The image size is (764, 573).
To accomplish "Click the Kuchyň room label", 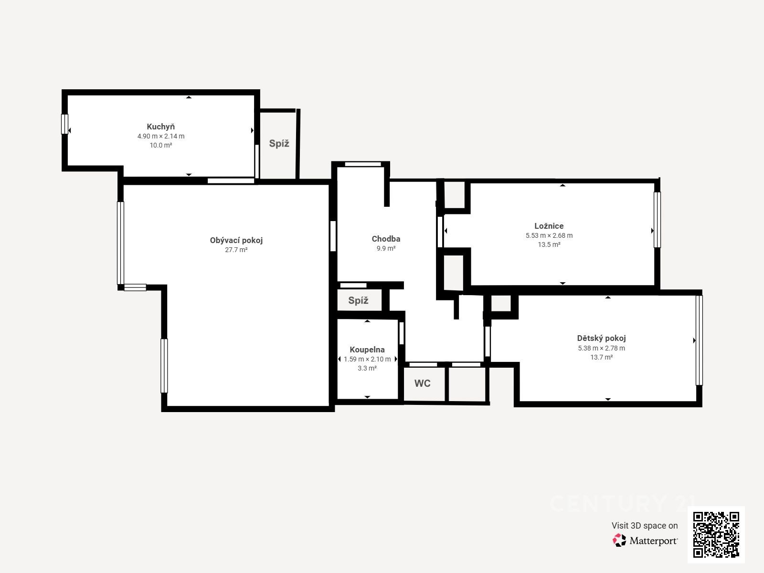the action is click(x=160, y=127).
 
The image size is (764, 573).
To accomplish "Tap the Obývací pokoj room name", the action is click(x=236, y=240).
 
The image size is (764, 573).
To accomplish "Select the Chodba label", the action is click(x=386, y=239).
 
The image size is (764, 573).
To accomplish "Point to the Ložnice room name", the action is click(x=549, y=226).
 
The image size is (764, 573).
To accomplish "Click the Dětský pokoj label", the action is click(x=601, y=338).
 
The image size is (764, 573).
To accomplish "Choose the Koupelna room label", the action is click(x=367, y=350).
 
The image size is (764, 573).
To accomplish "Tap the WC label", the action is click(x=423, y=383).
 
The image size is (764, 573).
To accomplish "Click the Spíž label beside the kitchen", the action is click(x=279, y=143).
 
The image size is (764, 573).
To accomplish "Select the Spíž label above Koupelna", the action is click(x=358, y=300).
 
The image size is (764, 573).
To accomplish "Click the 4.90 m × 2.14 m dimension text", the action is click(x=161, y=137).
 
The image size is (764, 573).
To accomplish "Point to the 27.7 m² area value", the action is click(x=236, y=250).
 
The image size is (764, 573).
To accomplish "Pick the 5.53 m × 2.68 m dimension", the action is click(x=549, y=235).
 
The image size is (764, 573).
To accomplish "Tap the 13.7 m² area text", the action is click(x=602, y=357).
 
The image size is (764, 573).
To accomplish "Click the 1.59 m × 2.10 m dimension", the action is click(x=367, y=359).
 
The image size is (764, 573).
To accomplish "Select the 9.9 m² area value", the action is click(x=386, y=248).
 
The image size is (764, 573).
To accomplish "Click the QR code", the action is click(x=716, y=535).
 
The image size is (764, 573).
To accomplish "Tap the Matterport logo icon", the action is click(x=619, y=541).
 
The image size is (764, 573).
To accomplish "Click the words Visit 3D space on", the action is click(x=645, y=526).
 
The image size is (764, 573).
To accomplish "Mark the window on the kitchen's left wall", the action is click(x=65, y=124).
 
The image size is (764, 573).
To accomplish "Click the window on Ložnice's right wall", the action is click(x=657, y=220).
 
